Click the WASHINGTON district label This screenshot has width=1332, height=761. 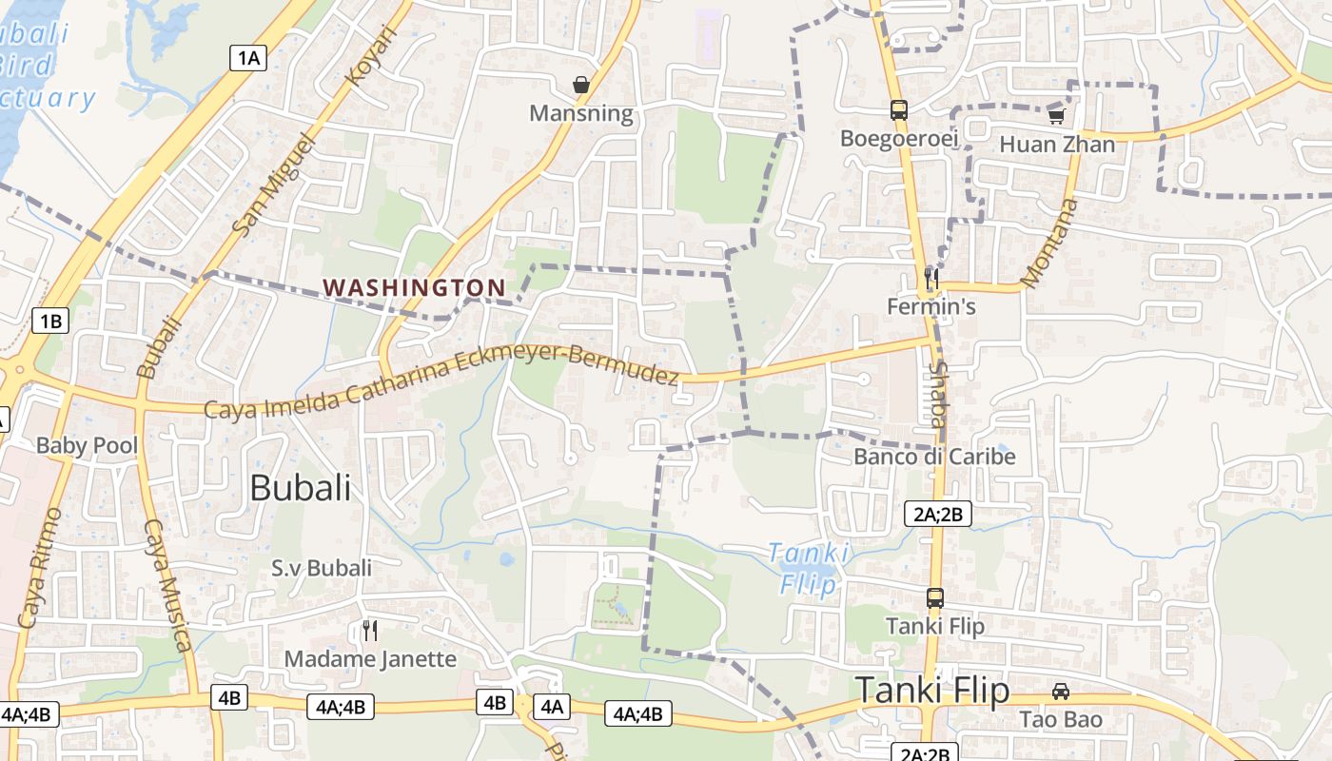point(414,286)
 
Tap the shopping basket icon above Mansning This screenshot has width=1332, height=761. point(581,85)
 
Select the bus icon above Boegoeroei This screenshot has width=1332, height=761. point(899,109)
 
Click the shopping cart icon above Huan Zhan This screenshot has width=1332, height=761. point(1056,116)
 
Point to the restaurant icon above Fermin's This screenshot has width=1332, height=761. point(931,278)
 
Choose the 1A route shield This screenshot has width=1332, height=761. point(247,58)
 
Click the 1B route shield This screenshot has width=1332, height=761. point(50,321)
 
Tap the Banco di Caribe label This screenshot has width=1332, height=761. point(934,457)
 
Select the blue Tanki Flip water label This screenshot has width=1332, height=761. point(809,568)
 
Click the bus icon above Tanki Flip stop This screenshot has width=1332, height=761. point(935,598)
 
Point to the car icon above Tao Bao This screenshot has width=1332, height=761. point(1061,692)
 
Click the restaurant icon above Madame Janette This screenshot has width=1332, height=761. point(370,630)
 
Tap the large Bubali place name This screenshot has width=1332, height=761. point(300,488)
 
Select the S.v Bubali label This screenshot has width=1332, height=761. point(322,568)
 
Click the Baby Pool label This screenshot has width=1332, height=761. point(87,445)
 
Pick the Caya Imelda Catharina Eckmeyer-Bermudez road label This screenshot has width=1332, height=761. point(442,381)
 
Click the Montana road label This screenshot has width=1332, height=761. point(1050,244)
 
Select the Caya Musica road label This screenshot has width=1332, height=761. point(167,585)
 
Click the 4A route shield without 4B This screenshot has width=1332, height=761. point(553,706)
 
